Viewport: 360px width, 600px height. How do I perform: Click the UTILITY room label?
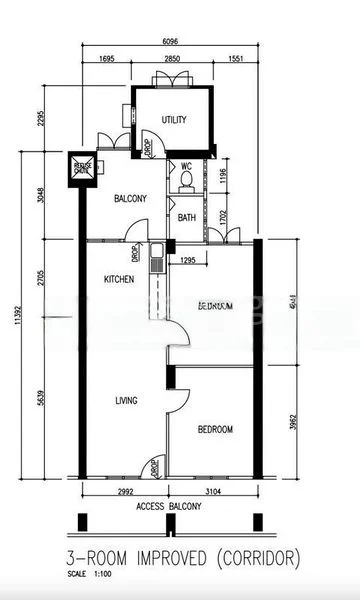point(175,120)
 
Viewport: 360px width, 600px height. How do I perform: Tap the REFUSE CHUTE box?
point(82,168)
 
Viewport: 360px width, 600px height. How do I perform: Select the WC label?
point(186,166)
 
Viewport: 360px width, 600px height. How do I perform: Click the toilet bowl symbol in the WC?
point(186,183)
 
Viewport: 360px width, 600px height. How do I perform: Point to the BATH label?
point(187,217)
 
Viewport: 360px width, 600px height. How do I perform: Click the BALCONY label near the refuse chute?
point(130,199)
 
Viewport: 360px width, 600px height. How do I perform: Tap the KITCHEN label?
point(119,280)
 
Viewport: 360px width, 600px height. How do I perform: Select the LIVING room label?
point(126,401)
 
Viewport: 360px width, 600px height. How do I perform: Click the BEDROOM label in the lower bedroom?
point(215,429)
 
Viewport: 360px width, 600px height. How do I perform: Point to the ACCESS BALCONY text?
point(169,507)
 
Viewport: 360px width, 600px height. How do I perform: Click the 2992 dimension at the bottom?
point(121,492)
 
